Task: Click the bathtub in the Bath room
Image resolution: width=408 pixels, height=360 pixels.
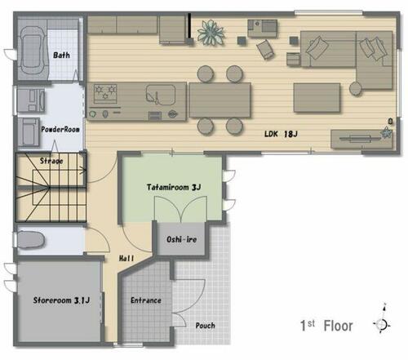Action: click(33, 50)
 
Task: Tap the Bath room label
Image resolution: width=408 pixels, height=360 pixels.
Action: click(61, 56)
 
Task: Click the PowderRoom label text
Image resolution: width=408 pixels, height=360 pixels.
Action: click(60, 129)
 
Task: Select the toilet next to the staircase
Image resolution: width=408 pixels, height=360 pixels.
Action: click(30, 239)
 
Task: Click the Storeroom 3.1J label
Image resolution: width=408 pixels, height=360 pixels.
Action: click(61, 300)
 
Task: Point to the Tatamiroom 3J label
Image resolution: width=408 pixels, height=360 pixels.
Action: click(174, 187)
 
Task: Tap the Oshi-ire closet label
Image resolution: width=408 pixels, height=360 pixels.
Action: click(181, 239)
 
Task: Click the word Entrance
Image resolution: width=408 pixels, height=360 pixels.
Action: click(146, 300)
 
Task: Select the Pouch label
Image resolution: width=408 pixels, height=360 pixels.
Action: click(206, 326)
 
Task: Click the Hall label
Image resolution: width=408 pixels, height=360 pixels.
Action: click(126, 258)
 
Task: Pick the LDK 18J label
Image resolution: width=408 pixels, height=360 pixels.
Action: click(281, 134)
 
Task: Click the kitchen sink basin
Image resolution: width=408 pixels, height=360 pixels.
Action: click(161, 95)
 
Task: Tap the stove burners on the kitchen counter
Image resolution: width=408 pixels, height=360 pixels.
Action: click(105, 93)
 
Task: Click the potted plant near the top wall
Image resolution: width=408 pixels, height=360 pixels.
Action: click(211, 33)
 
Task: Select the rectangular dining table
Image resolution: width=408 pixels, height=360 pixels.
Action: click(220, 100)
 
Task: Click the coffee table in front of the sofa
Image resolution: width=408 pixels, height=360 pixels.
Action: click(317, 98)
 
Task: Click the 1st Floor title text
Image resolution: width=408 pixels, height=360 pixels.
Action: click(326, 326)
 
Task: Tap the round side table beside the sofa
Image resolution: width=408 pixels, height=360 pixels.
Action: click(356, 88)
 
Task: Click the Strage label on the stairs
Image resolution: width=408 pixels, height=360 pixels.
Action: click(51, 161)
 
